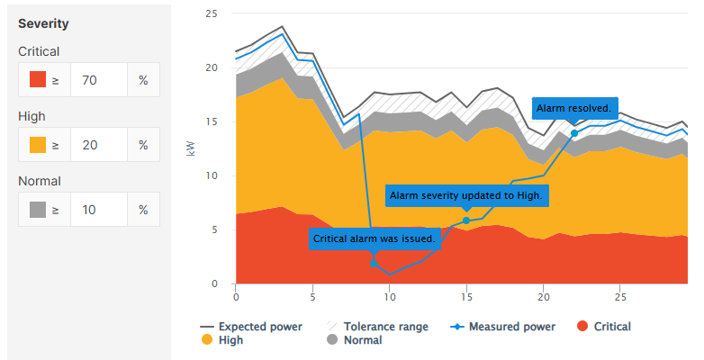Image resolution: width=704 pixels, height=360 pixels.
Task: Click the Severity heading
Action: coord(43,22)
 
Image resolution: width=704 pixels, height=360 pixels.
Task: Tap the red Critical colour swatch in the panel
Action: coord(38,80)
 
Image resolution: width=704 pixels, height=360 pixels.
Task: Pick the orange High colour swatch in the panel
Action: coord(38,145)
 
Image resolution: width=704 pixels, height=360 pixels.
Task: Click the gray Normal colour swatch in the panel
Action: coord(38,210)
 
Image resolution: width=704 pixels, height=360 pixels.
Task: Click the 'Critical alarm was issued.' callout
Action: coord(374,239)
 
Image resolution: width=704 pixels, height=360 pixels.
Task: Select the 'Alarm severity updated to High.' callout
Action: coord(467,195)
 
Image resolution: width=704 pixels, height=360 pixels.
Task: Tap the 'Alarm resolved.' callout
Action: coord(574,109)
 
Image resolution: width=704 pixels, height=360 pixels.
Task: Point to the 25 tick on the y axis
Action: coord(212,14)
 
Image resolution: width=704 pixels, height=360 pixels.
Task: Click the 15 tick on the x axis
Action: coord(466,296)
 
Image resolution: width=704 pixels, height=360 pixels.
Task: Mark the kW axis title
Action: coord(190,148)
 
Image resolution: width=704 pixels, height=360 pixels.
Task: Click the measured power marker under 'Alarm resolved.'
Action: coord(574,133)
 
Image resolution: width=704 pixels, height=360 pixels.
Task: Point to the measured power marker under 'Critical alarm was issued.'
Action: coord(374,264)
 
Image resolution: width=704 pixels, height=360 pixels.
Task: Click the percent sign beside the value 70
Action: coord(143,80)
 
